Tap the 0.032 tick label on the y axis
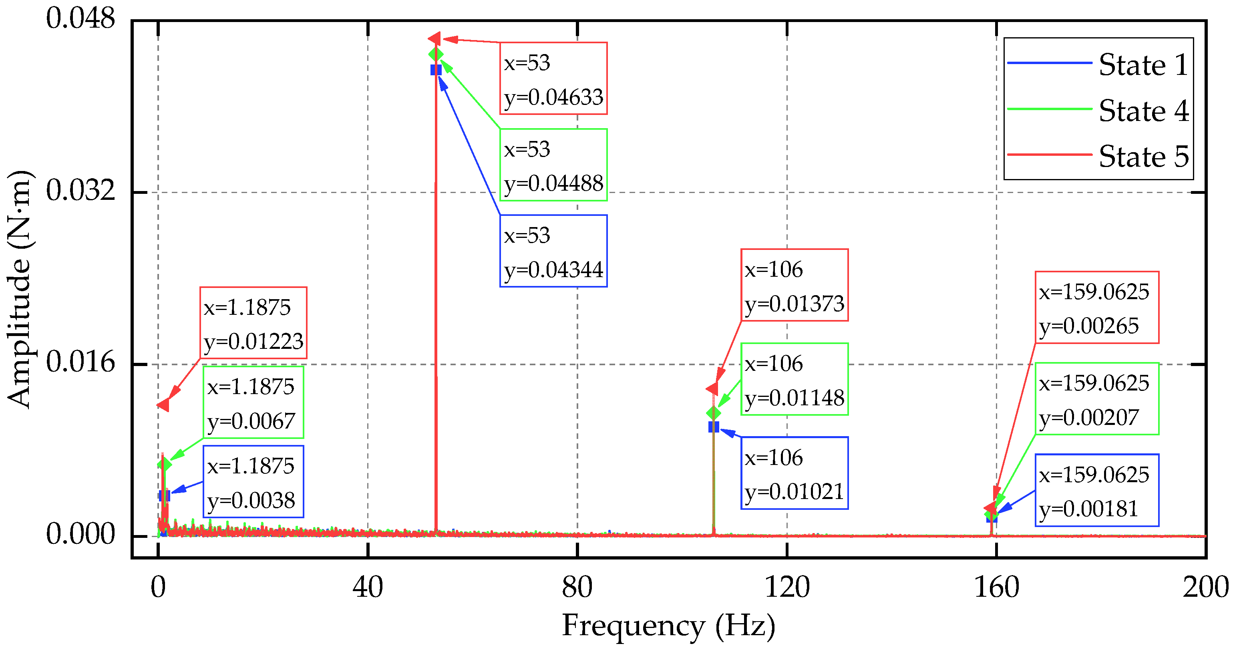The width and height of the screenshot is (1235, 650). click(80, 190)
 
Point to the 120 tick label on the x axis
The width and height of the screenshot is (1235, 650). click(787, 587)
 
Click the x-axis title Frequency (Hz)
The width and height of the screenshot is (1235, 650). click(668, 626)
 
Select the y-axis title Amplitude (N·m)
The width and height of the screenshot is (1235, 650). click(19, 289)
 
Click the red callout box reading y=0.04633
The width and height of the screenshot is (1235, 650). click(553, 78)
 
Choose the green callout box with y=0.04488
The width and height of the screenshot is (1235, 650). click(553, 165)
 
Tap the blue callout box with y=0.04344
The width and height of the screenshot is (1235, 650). click(553, 251)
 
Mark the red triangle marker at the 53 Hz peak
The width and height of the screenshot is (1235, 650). click(434, 39)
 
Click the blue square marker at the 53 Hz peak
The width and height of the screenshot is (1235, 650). click(436, 70)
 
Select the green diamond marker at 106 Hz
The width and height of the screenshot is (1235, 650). click(713, 413)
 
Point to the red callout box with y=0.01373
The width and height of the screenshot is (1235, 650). click(795, 285)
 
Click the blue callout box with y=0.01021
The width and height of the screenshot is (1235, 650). click(795, 473)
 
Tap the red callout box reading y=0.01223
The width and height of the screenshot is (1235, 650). click(253, 323)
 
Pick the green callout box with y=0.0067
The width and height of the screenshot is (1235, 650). click(253, 402)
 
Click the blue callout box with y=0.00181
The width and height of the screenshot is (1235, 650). click(1097, 490)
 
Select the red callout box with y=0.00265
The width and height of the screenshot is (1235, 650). click(1097, 308)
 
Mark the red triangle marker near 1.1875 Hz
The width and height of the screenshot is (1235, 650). click(163, 405)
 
